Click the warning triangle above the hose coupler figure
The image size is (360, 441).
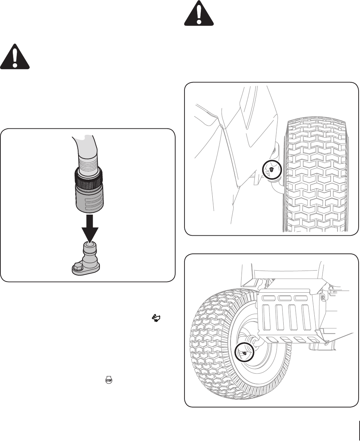tap(15, 57)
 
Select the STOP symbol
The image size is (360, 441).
tap(107, 380)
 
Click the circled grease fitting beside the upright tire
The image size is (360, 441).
tap(272, 170)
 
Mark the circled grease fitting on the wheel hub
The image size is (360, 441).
tap(244, 352)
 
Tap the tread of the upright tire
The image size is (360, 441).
tap(314, 178)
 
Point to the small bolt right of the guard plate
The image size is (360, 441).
tap(323, 297)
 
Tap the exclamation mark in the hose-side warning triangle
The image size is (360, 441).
tap(15, 58)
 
